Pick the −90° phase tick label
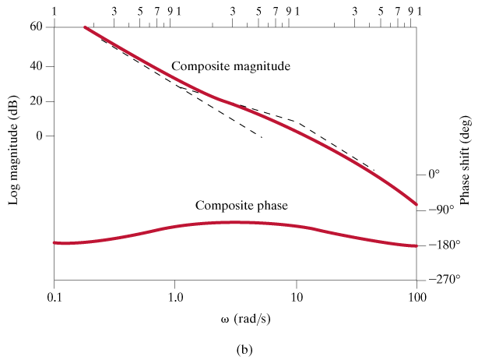pos(441,210)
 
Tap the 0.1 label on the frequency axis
pos(54,298)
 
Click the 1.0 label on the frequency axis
pos(175,298)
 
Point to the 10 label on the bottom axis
pos(296,298)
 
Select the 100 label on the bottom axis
pos(416,298)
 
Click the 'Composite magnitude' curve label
pos(230,67)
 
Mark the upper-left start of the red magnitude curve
pos(86,28)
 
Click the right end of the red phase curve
pos(416,245)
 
